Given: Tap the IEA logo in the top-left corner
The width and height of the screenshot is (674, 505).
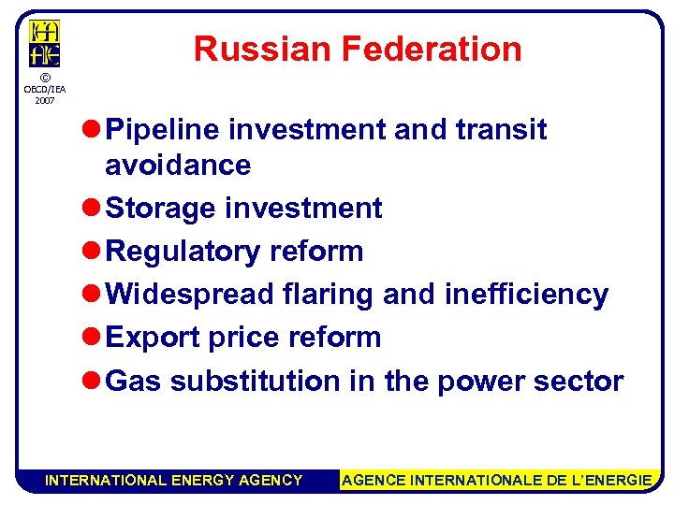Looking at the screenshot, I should (x=44, y=44).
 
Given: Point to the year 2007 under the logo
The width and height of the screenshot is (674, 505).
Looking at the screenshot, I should (x=44, y=99).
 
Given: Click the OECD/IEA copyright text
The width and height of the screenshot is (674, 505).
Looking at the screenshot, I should (x=44, y=89).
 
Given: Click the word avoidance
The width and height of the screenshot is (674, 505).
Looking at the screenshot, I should (x=178, y=166).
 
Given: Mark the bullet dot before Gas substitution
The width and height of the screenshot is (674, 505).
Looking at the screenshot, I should (x=92, y=382).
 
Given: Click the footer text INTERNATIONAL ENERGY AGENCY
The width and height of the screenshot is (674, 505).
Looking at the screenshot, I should (x=174, y=481).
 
